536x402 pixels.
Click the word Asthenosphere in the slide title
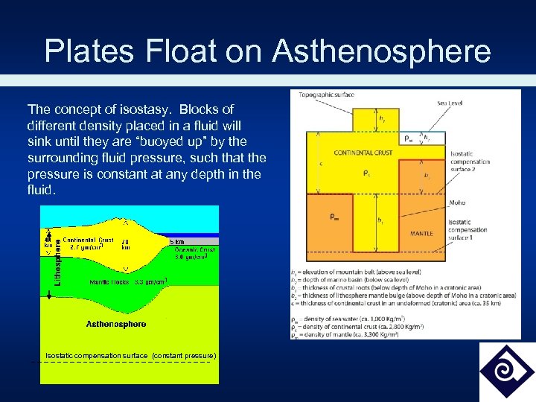click(381, 51)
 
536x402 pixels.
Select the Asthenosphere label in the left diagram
click(116, 324)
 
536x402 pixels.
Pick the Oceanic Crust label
click(194, 250)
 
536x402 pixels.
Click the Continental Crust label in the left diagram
click(88, 240)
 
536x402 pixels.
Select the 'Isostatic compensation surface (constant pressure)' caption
click(130, 356)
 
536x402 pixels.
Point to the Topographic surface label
click(326, 95)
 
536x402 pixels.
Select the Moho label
click(457, 202)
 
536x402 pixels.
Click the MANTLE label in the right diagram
click(421, 234)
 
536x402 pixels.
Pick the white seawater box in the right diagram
click(410, 138)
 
